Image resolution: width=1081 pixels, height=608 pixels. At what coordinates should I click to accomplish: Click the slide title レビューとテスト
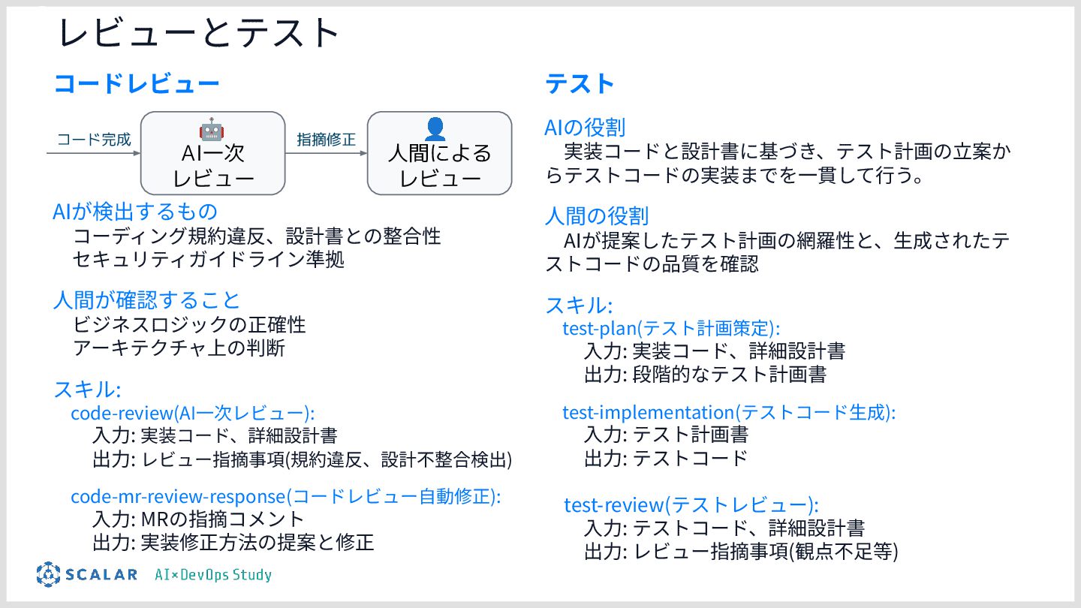click(200, 34)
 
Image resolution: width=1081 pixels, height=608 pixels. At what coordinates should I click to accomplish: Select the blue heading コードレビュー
click(137, 84)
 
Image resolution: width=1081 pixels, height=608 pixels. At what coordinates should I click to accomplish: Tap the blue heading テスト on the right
click(580, 84)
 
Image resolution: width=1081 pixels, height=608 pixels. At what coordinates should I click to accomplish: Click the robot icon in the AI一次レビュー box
click(212, 128)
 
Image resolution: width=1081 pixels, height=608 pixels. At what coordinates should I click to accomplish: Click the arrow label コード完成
click(94, 140)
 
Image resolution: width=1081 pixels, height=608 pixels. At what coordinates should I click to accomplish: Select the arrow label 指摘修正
click(326, 140)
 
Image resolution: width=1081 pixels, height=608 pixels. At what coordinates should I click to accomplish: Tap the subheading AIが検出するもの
click(135, 212)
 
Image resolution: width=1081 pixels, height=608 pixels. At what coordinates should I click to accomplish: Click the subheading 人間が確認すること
click(146, 300)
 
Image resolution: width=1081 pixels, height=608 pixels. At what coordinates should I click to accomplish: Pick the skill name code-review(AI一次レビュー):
click(192, 413)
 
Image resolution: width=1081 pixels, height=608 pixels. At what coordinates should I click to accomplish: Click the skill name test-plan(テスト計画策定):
click(671, 328)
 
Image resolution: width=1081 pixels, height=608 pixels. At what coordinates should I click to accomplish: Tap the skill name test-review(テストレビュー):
click(691, 504)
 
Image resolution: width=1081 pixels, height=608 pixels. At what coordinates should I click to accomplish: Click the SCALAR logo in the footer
click(87, 574)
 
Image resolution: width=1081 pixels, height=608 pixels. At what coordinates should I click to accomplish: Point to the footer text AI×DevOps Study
click(213, 575)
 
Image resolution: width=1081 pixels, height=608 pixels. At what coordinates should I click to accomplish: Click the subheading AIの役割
click(585, 128)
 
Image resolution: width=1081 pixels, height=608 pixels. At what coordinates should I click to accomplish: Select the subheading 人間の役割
click(596, 217)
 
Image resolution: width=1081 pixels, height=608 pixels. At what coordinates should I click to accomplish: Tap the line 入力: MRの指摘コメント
click(198, 519)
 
